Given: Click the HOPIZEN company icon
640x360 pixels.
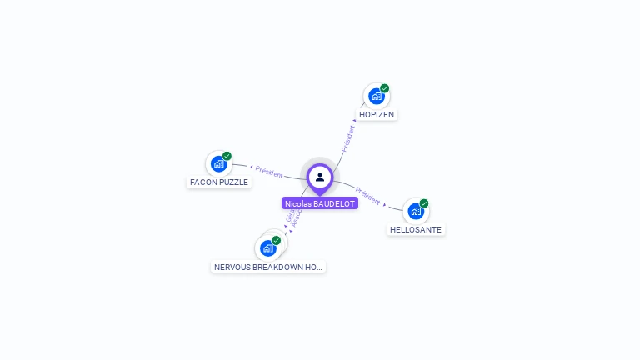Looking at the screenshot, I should click(376, 97).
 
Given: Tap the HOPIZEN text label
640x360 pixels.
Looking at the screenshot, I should click(377, 114).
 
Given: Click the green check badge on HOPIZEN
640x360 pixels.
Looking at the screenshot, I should click(385, 88).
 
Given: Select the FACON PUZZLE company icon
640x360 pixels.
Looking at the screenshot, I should click(218, 164).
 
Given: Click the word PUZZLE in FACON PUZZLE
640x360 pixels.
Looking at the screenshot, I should click(234, 182).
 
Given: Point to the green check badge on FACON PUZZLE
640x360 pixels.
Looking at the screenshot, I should click(227, 156).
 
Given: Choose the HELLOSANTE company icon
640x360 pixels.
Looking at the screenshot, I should click(416, 212).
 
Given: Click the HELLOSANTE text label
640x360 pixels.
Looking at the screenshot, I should click(416, 229).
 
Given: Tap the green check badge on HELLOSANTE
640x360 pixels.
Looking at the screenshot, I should click(424, 203).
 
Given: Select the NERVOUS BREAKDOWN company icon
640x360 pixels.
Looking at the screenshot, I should click(267, 248).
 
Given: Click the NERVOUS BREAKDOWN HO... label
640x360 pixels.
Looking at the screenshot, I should click(267, 267).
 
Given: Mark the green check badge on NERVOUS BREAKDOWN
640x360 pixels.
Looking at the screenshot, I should click(276, 240).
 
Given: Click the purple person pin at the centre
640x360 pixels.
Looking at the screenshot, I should click(320, 177).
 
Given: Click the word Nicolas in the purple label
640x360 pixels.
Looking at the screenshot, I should click(297, 203).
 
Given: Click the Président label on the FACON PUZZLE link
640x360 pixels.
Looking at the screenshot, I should click(269, 171).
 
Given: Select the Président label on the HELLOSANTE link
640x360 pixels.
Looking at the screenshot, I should click(367, 195).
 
